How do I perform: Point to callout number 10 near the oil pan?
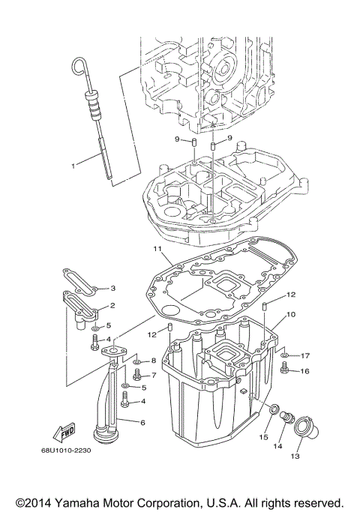pyautogui.click(x=291, y=315)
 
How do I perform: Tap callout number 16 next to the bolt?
pyautogui.click(x=305, y=370)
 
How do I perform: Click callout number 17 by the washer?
pyautogui.click(x=305, y=355)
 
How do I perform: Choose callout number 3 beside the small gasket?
pyautogui.click(x=113, y=288)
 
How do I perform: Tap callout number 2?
pyautogui.click(x=112, y=305)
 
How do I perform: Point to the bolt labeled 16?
pyautogui.click(x=286, y=369)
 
